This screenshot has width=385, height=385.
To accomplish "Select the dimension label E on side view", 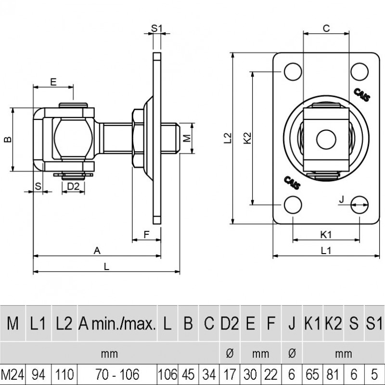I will (x=53, y=81).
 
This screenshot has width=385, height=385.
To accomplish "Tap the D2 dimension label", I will (x=73, y=186).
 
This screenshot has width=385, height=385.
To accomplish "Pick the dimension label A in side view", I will (x=97, y=250).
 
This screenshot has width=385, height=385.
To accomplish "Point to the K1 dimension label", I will (x=326, y=234).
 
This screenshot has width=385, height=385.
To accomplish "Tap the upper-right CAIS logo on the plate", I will (x=362, y=94).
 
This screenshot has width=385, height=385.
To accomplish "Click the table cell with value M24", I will (x=13, y=374).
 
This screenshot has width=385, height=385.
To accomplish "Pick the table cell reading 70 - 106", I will (x=117, y=374).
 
